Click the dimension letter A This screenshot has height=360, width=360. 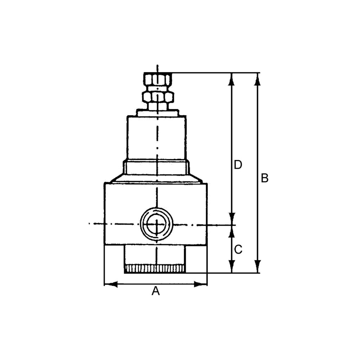coord(155,291)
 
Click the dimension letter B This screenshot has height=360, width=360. coord(265,178)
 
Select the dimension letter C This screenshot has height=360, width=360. coord(238,250)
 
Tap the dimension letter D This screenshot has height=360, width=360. coord(238,165)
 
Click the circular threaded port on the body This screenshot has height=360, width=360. coord(156,224)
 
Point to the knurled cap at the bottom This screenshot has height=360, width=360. coord(155,269)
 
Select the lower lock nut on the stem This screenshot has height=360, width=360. coord(158,97)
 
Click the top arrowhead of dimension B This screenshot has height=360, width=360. coord(258,79)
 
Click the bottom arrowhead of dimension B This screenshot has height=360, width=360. coord(258,266)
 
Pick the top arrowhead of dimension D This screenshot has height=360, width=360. coord(231,79)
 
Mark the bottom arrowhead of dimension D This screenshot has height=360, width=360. coord(231,219)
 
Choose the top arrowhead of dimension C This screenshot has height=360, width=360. coord(231,231)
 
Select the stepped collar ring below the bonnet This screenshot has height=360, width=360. coord(156,167)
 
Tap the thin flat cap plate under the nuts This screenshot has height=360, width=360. coord(157,113)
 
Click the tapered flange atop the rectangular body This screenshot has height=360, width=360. coord(156,179)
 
